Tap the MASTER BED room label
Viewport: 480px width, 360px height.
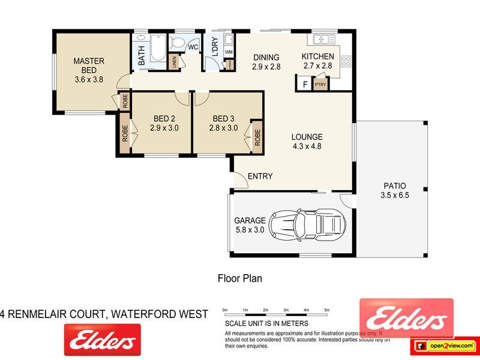click(x=89, y=61)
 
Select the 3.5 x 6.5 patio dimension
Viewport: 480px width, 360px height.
click(x=394, y=195)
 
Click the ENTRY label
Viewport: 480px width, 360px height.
click(x=260, y=176)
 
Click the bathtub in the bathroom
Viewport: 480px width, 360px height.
click(x=157, y=49)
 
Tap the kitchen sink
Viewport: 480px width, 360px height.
click(x=321, y=40)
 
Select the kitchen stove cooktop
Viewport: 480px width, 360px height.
click(x=346, y=60)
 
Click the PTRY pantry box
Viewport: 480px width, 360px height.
click(x=321, y=85)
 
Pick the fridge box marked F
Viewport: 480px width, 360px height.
click(x=305, y=85)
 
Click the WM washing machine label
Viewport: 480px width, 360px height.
click(x=228, y=53)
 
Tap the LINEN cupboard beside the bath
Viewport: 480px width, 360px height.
click(x=175, y=61)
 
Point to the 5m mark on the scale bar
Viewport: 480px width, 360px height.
click(x=326, y=310)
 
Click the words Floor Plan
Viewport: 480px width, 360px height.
click(x=239, y=278)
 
